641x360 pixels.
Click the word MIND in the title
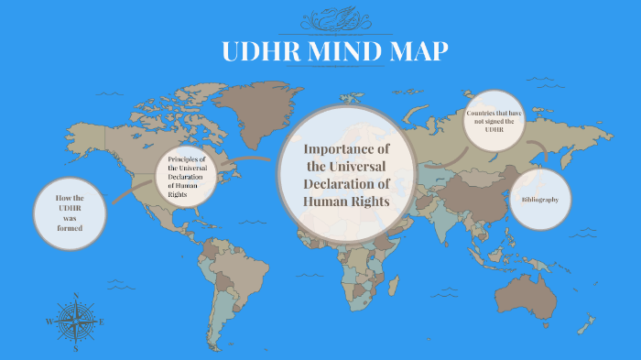coord(342,52)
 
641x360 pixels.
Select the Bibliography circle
coord(540,199)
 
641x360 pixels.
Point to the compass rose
coord(76,322)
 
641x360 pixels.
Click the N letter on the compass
coord(76,296)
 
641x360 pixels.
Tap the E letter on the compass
coord(102,322)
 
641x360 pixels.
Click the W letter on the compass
coord(49,322)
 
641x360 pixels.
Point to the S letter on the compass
coord(76,349)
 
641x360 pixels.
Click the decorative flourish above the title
coord(334,18)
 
